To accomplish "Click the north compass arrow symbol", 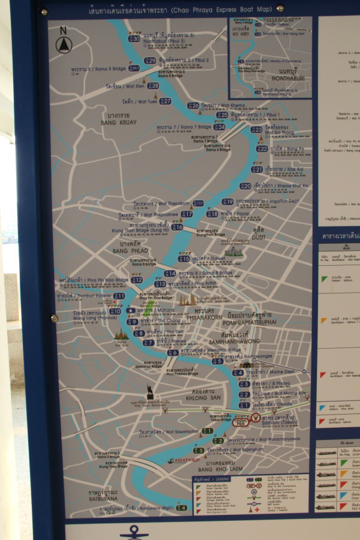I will click(63, 44).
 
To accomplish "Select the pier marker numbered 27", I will click(165, 101).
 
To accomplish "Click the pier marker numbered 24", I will click(220, 127).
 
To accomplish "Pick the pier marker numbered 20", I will click(246, 186).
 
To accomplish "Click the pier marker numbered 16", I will click(177, 227).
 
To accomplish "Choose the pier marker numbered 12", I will click(137, 280).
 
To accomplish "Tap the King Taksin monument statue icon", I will click(149, 393).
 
